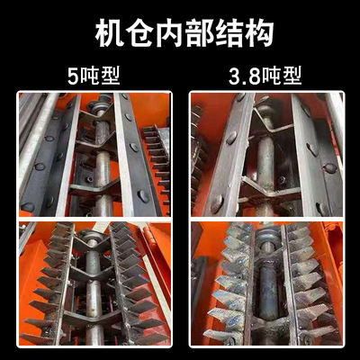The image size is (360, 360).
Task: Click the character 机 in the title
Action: click(x=109, y=33)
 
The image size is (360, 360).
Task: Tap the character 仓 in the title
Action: click(x=139, y=33)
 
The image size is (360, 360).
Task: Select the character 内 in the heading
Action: click(x=169, y=33)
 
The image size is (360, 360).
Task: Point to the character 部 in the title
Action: click(x=199, y=33)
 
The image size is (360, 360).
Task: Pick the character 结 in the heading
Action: click(x=229, y=33)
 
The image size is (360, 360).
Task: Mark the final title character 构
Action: click(x=259, y=33)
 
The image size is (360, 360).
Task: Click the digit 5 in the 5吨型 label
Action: click(x=72, y=76)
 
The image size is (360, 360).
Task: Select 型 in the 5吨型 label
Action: click(x=111, y=76)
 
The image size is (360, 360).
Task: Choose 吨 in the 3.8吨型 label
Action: click(x=272, y=76)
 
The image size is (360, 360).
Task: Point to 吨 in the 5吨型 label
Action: click(x=89, y=76)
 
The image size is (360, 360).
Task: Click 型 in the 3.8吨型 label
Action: click(x=292, y=76)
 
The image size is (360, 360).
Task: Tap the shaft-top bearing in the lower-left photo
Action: click(x=92, y=236)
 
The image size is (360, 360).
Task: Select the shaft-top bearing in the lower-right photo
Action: click(x=268, y=234)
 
